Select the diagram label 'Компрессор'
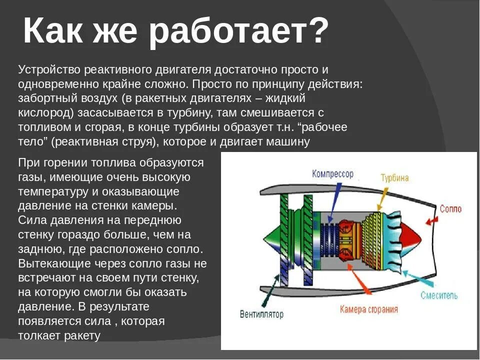(x=332, y=174)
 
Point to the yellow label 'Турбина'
(x=394, y=178)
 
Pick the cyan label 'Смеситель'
(x=438, y=295)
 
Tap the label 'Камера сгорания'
(x=369, y=309)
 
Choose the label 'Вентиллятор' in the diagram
(x=261, y=314)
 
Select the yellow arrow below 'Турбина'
(x=382, y=198)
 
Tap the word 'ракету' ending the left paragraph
(x=82, y=335)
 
